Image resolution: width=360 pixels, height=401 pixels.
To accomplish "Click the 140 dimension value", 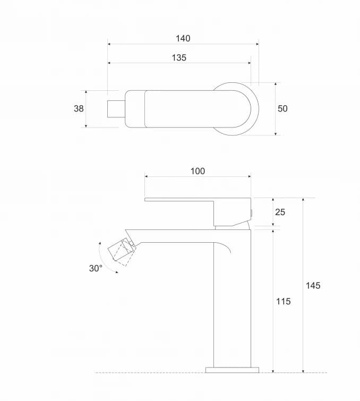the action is click(183, 38).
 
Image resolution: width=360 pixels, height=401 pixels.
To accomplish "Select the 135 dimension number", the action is click(179, 57).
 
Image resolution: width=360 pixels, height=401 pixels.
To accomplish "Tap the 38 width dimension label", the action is click(79, 109).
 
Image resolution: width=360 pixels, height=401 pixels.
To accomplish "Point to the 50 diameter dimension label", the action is click(282, 109).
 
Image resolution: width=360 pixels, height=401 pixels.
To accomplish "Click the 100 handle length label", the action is click(198, 171).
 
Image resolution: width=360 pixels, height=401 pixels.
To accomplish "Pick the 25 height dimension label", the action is click(280, 212).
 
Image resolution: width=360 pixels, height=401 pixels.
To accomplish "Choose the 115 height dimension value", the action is click(284, 302).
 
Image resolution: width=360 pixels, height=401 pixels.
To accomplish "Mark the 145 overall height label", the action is click(313, 285).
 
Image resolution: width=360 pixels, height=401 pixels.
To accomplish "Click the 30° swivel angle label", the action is click(96, 268).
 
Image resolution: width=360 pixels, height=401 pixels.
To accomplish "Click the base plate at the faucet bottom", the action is click(232, 370).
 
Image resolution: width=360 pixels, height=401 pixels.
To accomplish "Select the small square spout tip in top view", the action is click(116, 109).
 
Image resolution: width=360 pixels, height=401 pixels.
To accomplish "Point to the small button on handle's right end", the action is click(252, 213).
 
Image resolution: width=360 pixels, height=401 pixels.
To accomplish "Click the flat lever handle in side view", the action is click(198, 212).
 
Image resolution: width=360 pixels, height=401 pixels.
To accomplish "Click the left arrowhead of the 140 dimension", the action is click(109, 44).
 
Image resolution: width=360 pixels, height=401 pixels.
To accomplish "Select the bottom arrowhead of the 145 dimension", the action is click(303, 371).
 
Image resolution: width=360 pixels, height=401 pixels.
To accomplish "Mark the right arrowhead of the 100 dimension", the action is click(249, 176).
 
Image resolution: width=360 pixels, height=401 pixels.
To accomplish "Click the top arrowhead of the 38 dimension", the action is click(86, 92).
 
